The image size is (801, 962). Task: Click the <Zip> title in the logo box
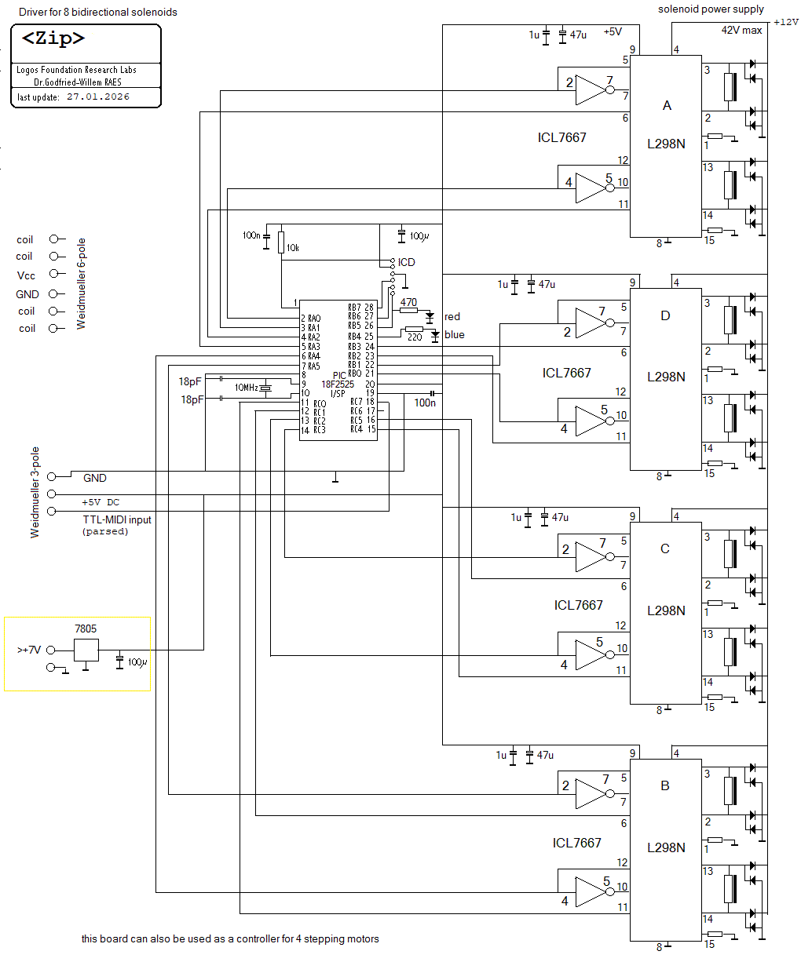click(53, 39)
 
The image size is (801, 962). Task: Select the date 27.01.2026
click(98, 97)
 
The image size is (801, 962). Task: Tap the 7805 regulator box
click(86, 650)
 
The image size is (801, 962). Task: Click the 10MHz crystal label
click(246, 388)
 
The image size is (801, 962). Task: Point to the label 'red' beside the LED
click(452, 316)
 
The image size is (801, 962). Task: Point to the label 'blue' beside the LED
click(454, 335)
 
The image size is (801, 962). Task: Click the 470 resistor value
click(408, 301)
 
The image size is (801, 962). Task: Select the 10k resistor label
click(292, 247)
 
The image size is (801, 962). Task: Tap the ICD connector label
click(406, 262)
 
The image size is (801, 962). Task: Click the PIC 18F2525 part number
click(337, 384)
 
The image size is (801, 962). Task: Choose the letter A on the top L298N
click(667, 105)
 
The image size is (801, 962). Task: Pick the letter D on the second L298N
click(665, 316)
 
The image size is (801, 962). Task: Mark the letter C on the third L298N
click(664, 548)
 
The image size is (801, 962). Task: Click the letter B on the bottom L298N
click(665, 785)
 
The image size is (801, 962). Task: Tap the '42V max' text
click(741, 30)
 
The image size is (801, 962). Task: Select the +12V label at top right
click(785, 22)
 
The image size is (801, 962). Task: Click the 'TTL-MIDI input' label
click(117, 519)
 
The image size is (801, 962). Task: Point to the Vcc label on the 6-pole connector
click(26, 275)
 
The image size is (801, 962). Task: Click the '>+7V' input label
click(28, 650)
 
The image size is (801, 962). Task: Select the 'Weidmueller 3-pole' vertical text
click(35, 492)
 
